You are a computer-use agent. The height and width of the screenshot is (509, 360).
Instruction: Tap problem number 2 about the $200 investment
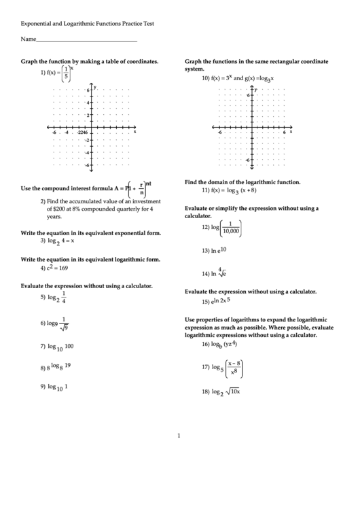click(x=42, y=201)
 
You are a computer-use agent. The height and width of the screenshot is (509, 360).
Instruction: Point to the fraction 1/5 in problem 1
click(x=65, y=73)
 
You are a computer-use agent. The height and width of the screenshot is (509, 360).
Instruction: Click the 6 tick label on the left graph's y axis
click(x=88, y=90)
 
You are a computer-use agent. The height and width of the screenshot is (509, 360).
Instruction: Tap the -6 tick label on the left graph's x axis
click(x=54, y=132)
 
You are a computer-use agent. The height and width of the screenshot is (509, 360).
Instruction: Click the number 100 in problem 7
click(x=69, y=346)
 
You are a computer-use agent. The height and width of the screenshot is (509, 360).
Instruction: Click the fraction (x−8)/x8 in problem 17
click(x=235, y=367)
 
